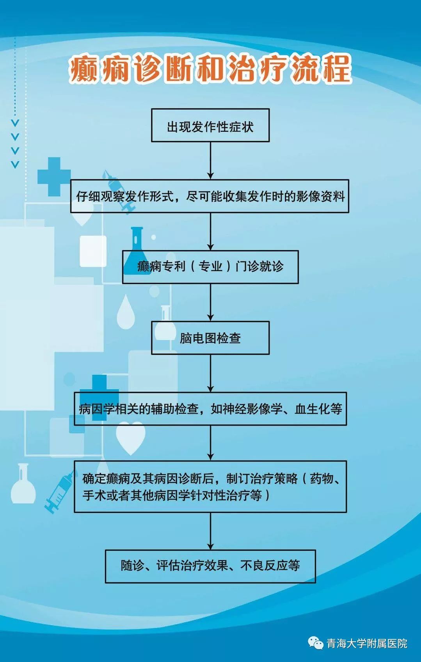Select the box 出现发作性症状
210,125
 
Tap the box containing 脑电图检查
210,338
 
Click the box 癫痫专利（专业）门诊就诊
210,267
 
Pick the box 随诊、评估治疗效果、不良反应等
210,566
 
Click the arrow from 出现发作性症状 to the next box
210,160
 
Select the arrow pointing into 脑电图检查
210,302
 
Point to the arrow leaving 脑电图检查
210,373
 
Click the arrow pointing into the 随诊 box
210,531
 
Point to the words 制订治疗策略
262,479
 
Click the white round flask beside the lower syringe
23,483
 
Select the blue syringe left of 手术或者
59,491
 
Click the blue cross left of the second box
54,177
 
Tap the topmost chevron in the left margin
15,123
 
